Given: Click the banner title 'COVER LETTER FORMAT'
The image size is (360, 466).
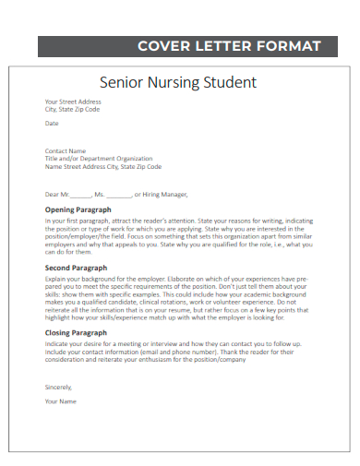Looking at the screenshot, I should tap(229, 46).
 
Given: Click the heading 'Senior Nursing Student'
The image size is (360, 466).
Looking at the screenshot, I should tap(177, 82).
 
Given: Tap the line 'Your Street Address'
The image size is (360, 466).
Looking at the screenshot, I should tap(73, 102).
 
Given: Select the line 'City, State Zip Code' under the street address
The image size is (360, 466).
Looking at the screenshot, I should tap(73, 109).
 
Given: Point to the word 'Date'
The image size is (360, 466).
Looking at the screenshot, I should tap(52, 123).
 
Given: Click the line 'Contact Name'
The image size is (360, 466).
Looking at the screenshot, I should tap(66, 151).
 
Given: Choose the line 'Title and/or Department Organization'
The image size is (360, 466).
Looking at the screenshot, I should tap(99, 159).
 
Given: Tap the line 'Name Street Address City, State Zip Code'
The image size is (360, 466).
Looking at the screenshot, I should tap(103, 167).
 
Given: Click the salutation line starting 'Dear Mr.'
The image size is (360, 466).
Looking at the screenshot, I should tap(116, 195).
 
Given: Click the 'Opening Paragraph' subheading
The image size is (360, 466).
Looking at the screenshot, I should tap(78, 210).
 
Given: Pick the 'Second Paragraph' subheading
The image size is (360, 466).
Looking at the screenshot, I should tap(77, 268).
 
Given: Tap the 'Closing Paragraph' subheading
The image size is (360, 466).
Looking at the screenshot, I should tap(77, 332).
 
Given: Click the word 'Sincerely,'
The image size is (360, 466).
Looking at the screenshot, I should tap(58, 387).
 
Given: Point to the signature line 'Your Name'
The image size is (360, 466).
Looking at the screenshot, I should tap(61, 401).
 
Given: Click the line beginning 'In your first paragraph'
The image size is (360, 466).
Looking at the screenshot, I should tap(177, 221).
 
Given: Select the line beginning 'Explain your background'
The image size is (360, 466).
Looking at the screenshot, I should tap(177, 278).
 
